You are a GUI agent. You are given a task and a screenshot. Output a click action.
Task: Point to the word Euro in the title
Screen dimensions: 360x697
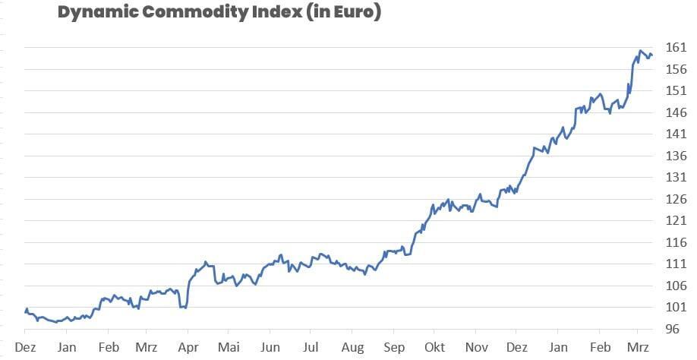(355, 13)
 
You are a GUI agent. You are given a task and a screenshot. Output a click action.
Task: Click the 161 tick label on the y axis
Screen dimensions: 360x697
(676, 48)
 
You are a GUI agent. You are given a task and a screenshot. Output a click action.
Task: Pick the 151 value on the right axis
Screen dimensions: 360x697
(676, 91)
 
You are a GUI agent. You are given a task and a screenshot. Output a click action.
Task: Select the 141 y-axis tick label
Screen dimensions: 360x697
(676, 134)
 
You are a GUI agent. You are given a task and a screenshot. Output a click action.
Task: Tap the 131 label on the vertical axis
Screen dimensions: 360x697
(676, 178)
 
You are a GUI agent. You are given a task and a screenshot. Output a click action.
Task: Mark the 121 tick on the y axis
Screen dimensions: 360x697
(676, 221)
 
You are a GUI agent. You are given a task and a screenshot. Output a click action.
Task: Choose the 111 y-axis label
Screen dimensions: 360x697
(676, 264)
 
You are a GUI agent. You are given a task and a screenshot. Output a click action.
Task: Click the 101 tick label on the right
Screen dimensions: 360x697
(676, 308)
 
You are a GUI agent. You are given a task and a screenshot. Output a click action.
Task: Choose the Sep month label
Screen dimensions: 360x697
(393, 346)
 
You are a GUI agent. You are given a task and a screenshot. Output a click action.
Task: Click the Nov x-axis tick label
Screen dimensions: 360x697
(475, 346)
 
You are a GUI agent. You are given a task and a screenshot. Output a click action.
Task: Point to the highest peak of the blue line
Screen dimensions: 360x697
(641, 51)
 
